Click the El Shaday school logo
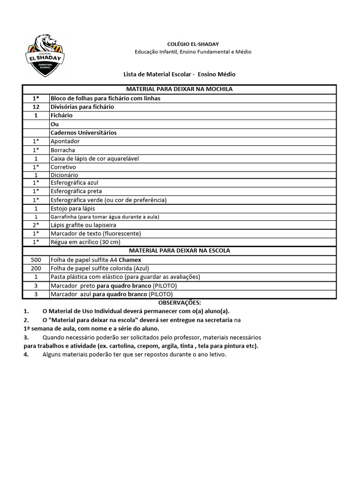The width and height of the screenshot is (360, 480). (45, 55)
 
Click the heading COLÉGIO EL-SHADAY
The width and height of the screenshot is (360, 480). (180, 44)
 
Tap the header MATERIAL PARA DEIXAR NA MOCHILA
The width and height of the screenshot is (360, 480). (180, 89)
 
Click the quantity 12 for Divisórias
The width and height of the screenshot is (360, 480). (36, 107)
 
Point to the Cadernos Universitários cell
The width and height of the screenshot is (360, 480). (83, 133)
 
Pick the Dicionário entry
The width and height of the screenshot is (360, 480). (64, 175)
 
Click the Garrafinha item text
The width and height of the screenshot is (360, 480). (105, 217)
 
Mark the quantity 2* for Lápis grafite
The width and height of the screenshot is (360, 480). (36, 225)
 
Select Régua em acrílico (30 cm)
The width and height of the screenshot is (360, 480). (85, 242)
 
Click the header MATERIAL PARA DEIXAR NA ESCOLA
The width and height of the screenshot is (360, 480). (180, 251)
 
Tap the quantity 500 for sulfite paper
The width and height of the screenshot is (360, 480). (36, 260)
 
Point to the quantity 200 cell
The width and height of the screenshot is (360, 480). (36, 269)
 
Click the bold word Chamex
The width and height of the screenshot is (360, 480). (130, 260)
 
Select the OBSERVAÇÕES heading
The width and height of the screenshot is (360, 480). (180, 303)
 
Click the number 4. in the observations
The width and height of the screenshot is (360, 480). (26, 354)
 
